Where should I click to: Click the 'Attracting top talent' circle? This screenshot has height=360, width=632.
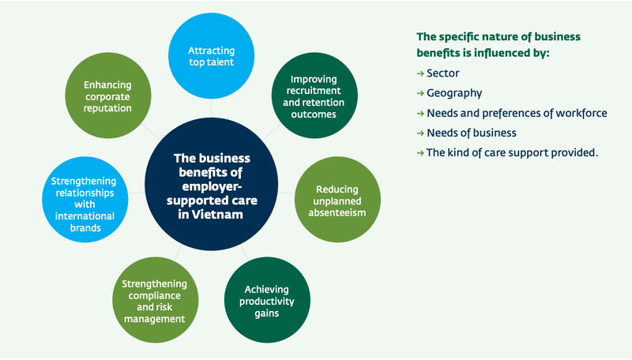[x=211, y=56]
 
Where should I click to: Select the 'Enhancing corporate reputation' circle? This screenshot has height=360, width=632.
[x=108, y=96]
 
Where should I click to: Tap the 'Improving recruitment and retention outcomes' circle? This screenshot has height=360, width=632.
[x=314, y=96]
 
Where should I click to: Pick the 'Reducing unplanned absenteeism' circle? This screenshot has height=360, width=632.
[x=338, y=200]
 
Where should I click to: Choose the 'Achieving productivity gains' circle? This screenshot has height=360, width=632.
[x=267, y=301]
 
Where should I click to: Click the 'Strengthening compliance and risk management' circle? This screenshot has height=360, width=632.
[x=155, y=301]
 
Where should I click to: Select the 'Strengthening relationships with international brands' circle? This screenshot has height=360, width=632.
[x=85, y=200]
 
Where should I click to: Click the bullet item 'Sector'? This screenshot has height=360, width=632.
[x=442, y=73]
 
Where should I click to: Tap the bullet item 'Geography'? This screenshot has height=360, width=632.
[x=454, y=93]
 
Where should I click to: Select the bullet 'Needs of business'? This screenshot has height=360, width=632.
[x=471, y=133]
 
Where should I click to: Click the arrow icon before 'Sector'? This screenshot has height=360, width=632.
[x=420, y=73]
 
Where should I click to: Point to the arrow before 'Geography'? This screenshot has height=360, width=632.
[x=420, y=93]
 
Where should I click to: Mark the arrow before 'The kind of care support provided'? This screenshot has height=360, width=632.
[x=420, y=153]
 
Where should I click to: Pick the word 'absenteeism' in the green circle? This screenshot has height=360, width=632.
[x=337, y=212]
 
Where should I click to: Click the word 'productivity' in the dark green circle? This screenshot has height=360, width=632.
[x=267, y=302]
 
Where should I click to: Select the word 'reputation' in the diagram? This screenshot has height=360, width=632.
[x=107, y=108]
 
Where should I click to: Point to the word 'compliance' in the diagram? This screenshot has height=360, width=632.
[x=154, y=296]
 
